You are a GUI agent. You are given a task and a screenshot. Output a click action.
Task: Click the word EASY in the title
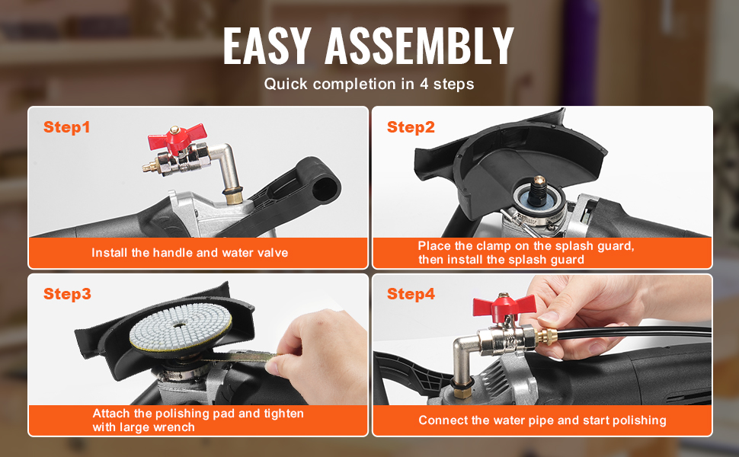267,46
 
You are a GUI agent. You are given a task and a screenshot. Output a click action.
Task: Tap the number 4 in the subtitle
424,84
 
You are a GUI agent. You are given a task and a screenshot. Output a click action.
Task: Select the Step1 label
66,127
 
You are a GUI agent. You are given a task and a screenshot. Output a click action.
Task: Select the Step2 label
411,127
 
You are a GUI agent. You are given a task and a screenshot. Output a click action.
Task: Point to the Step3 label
67,294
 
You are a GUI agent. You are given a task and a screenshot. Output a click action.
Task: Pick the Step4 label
411,294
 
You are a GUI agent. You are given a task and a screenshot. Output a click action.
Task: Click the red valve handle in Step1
177,138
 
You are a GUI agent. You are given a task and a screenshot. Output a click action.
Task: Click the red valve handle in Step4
504,306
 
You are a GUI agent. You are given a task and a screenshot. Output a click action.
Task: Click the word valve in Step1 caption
273,253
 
